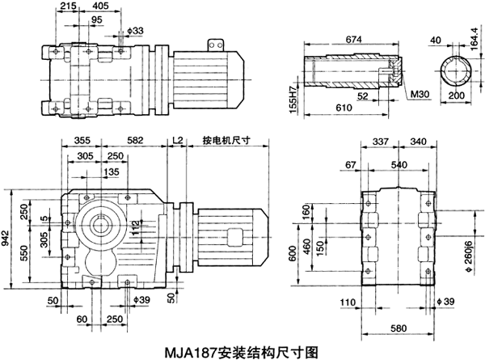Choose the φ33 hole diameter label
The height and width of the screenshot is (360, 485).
pos(136,32)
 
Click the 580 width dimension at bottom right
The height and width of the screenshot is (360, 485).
pos(397,328)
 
